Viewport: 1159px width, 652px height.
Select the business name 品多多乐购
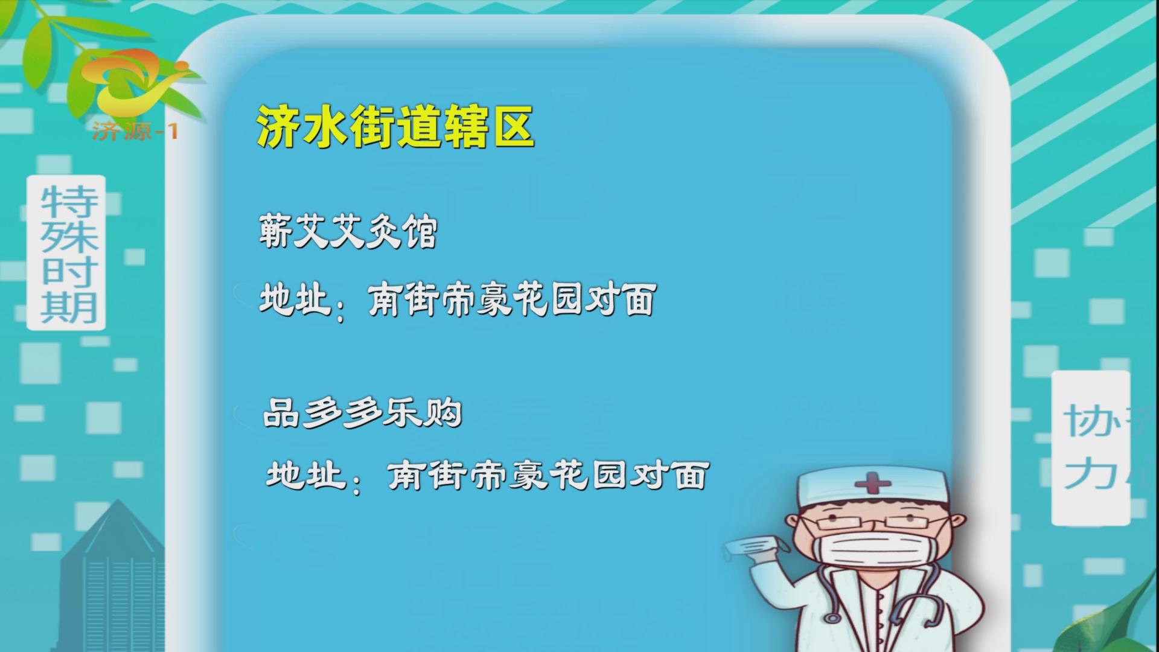pyautogui.click(x=363, y=414)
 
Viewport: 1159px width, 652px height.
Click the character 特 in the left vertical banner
pyautogui.click(x=68, y=201)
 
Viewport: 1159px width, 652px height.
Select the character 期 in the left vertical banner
pyautogui.click(x=68, y=308)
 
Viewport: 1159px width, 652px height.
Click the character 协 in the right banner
pyautogui.click(x=1086, y=421)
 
